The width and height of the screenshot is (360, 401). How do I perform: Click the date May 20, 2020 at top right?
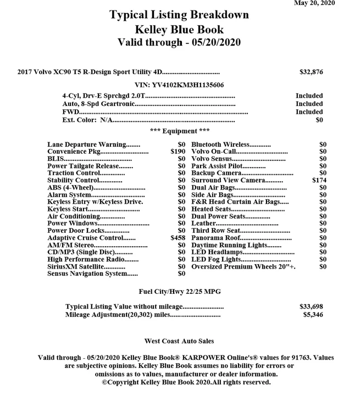[x=314, y=3]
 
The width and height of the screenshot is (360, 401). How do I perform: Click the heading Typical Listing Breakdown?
[x=179, y=15]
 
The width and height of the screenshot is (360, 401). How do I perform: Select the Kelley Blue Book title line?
[x=179, y=29]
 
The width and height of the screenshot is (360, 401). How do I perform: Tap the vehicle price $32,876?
[x=311, y=72]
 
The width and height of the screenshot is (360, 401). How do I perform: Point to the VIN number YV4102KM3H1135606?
[x=179, y=85]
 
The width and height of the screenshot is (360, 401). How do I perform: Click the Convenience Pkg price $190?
[x=178, y=152]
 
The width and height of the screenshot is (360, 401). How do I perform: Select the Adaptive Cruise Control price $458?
[x=178, y=238]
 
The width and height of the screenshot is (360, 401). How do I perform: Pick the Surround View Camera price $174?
[x=319, y=180]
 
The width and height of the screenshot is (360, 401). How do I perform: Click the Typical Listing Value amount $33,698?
[x=311, y=307]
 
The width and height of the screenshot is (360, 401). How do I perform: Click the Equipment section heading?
[x=179, y=131]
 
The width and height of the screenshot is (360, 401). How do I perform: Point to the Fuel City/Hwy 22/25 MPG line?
[x=179, y=291]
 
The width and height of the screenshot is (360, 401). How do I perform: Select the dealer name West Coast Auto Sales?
[x=179, y=341]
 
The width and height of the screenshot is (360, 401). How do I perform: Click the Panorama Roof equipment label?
[x=215, y=238]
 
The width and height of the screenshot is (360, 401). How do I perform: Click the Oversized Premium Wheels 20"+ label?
[x=243, y=267]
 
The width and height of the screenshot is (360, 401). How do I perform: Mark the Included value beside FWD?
[x=309, y=112]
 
